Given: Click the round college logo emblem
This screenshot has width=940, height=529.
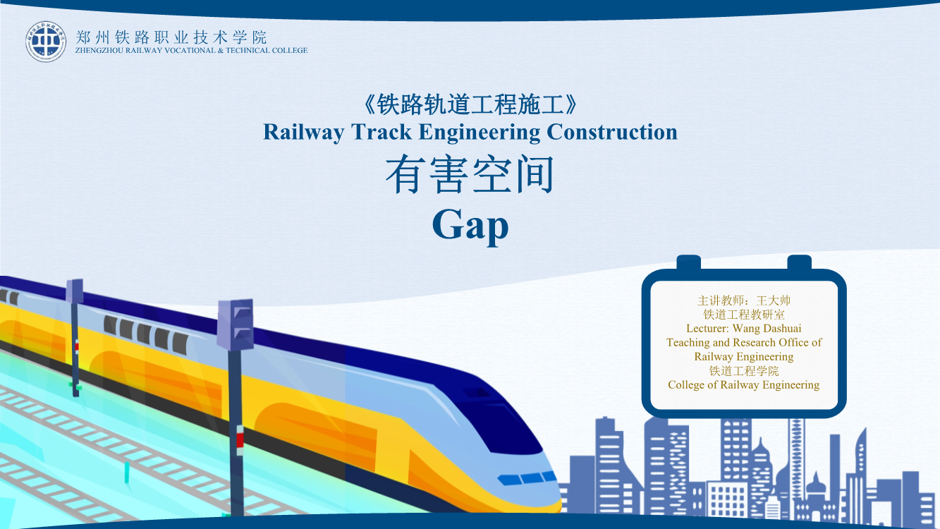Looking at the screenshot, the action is (x=46, y=42).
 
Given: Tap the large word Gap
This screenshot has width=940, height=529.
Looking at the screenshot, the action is (x=470, y=226).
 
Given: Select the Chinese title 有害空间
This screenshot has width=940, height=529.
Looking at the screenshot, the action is (x=470, y=174).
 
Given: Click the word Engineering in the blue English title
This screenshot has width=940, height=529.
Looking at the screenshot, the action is (x=480, y=133).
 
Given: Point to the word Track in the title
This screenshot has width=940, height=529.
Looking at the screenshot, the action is (x=382, y=132).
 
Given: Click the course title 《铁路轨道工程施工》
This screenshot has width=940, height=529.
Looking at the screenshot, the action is (x=470, y=104).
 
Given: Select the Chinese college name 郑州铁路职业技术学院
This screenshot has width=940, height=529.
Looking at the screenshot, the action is (x=171, y=37).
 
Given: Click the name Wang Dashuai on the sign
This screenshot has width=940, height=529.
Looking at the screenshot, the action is (x=767, y=328).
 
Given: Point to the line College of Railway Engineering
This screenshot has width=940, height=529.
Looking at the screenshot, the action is (x=743, y=385).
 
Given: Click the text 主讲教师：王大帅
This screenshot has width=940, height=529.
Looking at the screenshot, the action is (x=743, y=300).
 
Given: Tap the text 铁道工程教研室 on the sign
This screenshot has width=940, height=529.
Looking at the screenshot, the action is (x=744, y=315).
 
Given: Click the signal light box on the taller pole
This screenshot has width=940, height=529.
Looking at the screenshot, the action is (x=236, y=324).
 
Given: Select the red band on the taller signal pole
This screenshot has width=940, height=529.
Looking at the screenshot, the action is (x=240, y=440).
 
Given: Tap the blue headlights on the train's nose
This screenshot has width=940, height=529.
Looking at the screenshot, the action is (x=527, y=478).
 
